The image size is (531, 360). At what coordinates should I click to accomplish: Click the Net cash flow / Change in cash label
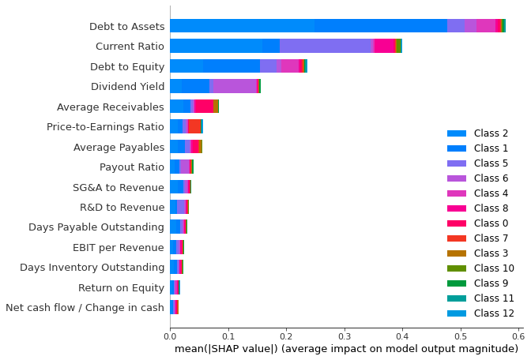click(x=84, y=307)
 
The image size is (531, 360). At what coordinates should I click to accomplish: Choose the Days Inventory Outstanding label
click(x=92, y=267)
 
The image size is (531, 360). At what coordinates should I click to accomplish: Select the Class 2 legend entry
click(x=491, y=134)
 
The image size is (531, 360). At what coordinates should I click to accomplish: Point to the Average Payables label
click(x=119, y=147)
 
